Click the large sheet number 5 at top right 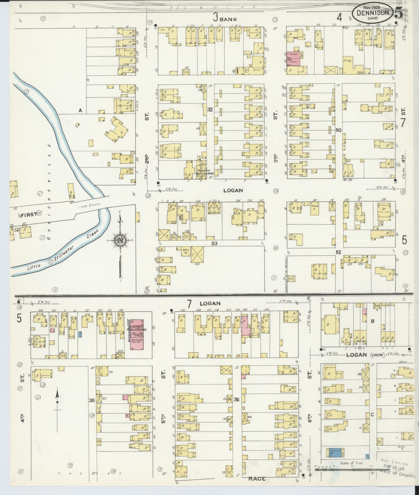pyautogui.click(x=399, y=12)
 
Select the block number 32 pyautogui.click(x=210, y=110)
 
